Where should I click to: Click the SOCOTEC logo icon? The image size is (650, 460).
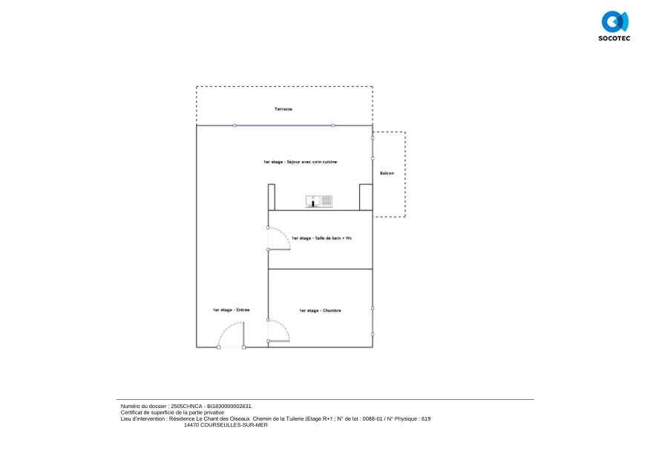click(x=614, y=21)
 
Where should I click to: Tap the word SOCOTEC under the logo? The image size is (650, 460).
click(x=614, y=38)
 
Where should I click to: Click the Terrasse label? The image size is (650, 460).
click(x=283, y=109)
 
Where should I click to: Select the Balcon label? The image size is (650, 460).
click(x=387, y=173)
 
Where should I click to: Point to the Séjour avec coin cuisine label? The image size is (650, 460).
click(x=300, y=162)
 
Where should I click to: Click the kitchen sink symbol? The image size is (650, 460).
click(x=319, y=200)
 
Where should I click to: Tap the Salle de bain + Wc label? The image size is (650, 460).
click(x=321, y=238)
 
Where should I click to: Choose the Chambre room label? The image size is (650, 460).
click(x=320, y=310)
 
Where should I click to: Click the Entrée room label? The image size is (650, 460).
click(x=231, y=310)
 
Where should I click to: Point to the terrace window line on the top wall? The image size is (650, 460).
click(x=283, y=125)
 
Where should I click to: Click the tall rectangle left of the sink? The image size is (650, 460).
click(x=272, y=197)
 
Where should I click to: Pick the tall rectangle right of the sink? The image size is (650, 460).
click(x=365, y=197)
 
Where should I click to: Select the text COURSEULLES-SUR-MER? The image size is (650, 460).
click(x=226, y=425)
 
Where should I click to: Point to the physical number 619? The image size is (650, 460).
click(x=426, y=419)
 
